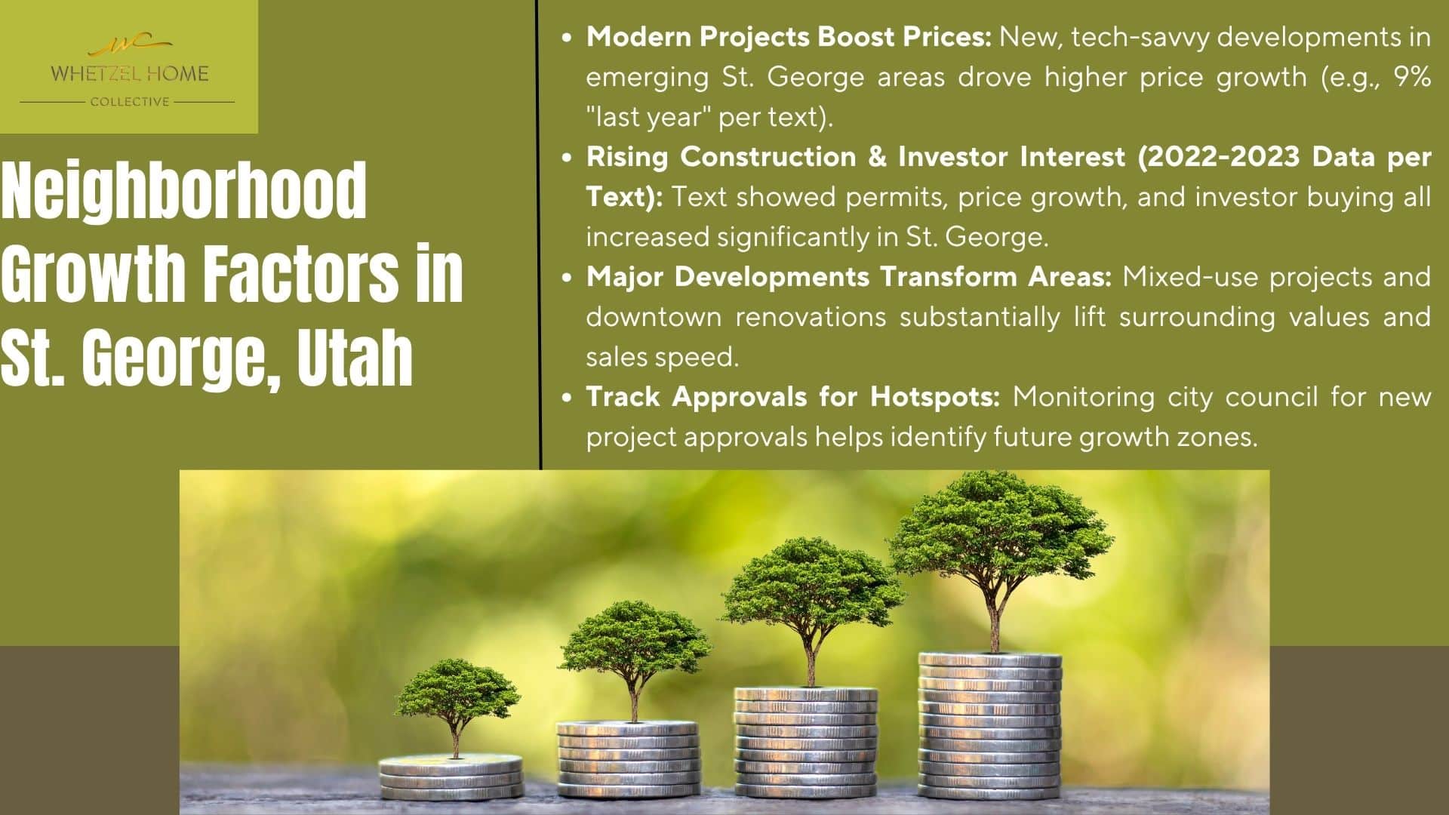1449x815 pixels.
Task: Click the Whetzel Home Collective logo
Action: [x=128, y=71]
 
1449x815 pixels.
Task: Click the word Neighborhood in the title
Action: [x=184, y=192]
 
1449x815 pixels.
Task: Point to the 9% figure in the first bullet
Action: [x=1412, y=77]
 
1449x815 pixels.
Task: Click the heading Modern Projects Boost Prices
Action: [x=789, y=37]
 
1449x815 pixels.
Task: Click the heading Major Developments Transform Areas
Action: [x=849, y=277]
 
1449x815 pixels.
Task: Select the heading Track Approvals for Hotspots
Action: [x=793, y=397]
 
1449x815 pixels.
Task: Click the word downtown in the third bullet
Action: [x=654, y=317]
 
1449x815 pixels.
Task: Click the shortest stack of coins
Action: [x=451, y=777]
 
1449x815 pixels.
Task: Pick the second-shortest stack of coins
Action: [x=627, y=759]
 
